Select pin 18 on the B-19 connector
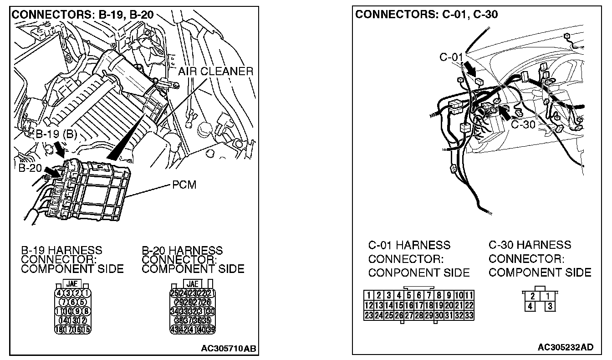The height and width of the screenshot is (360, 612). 59,329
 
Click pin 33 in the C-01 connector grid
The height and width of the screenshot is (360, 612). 469,314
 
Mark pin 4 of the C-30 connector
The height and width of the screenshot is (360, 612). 530,306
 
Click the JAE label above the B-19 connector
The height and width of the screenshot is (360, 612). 71,283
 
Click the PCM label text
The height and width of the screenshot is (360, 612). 184,186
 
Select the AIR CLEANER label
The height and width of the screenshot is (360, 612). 215,72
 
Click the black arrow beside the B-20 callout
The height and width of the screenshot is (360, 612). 53,172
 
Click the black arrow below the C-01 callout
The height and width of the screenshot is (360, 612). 471,70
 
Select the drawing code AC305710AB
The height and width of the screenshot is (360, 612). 228,349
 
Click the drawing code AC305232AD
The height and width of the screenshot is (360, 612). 566,347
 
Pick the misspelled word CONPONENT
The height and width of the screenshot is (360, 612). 396,273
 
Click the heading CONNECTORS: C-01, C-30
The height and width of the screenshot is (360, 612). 426,14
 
